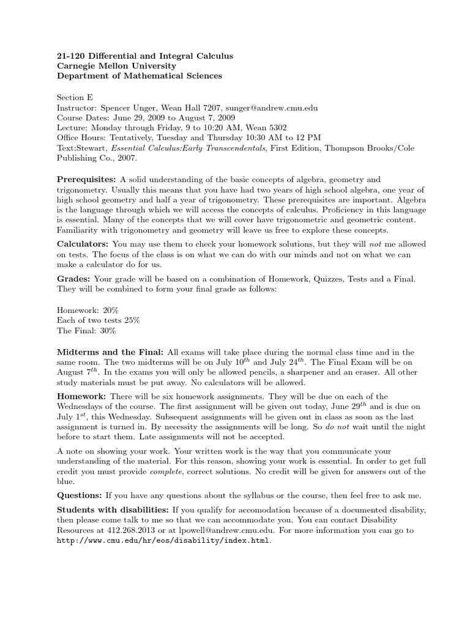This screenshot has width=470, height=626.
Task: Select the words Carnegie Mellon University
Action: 116,66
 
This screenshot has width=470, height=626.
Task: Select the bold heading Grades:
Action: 73,279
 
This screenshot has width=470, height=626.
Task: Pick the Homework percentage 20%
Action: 117,309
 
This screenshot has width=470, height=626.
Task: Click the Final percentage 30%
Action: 104,331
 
